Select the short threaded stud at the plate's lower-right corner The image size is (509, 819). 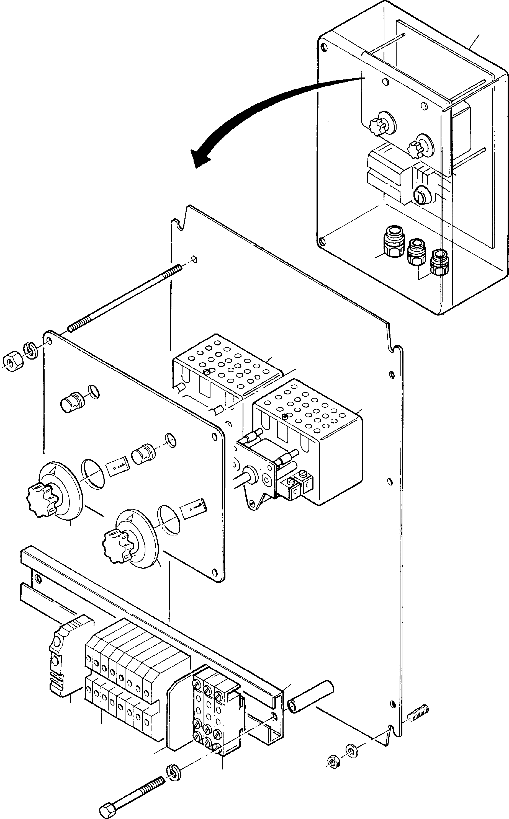coord(419,719)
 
